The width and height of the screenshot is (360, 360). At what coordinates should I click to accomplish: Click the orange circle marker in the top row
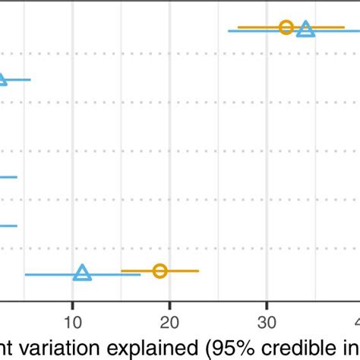(x=286, y=27)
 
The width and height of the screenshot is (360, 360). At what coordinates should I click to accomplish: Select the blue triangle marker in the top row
(x=305, y=30)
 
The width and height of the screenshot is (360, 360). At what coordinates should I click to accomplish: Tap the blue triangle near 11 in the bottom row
(x=83, y=273)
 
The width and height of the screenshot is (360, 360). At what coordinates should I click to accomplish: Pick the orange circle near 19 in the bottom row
(x=159, y=270)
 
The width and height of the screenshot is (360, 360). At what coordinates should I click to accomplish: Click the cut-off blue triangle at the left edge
(x=2, y=78)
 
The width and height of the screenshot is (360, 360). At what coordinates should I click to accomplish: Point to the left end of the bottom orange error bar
(x=122, y=270)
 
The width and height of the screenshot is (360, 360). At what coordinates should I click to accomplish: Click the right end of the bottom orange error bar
(x=199, y=270)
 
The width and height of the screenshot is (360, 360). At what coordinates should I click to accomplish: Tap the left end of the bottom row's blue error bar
(x=26, y=273)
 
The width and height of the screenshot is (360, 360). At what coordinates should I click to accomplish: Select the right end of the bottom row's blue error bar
(x=141, y=273)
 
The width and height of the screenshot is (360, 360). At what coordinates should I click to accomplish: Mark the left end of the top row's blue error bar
(x=229, y=31)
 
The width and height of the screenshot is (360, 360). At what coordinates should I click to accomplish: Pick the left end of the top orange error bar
(x=238, y=27)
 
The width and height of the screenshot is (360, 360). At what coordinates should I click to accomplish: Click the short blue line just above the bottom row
(x=8, y=226)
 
